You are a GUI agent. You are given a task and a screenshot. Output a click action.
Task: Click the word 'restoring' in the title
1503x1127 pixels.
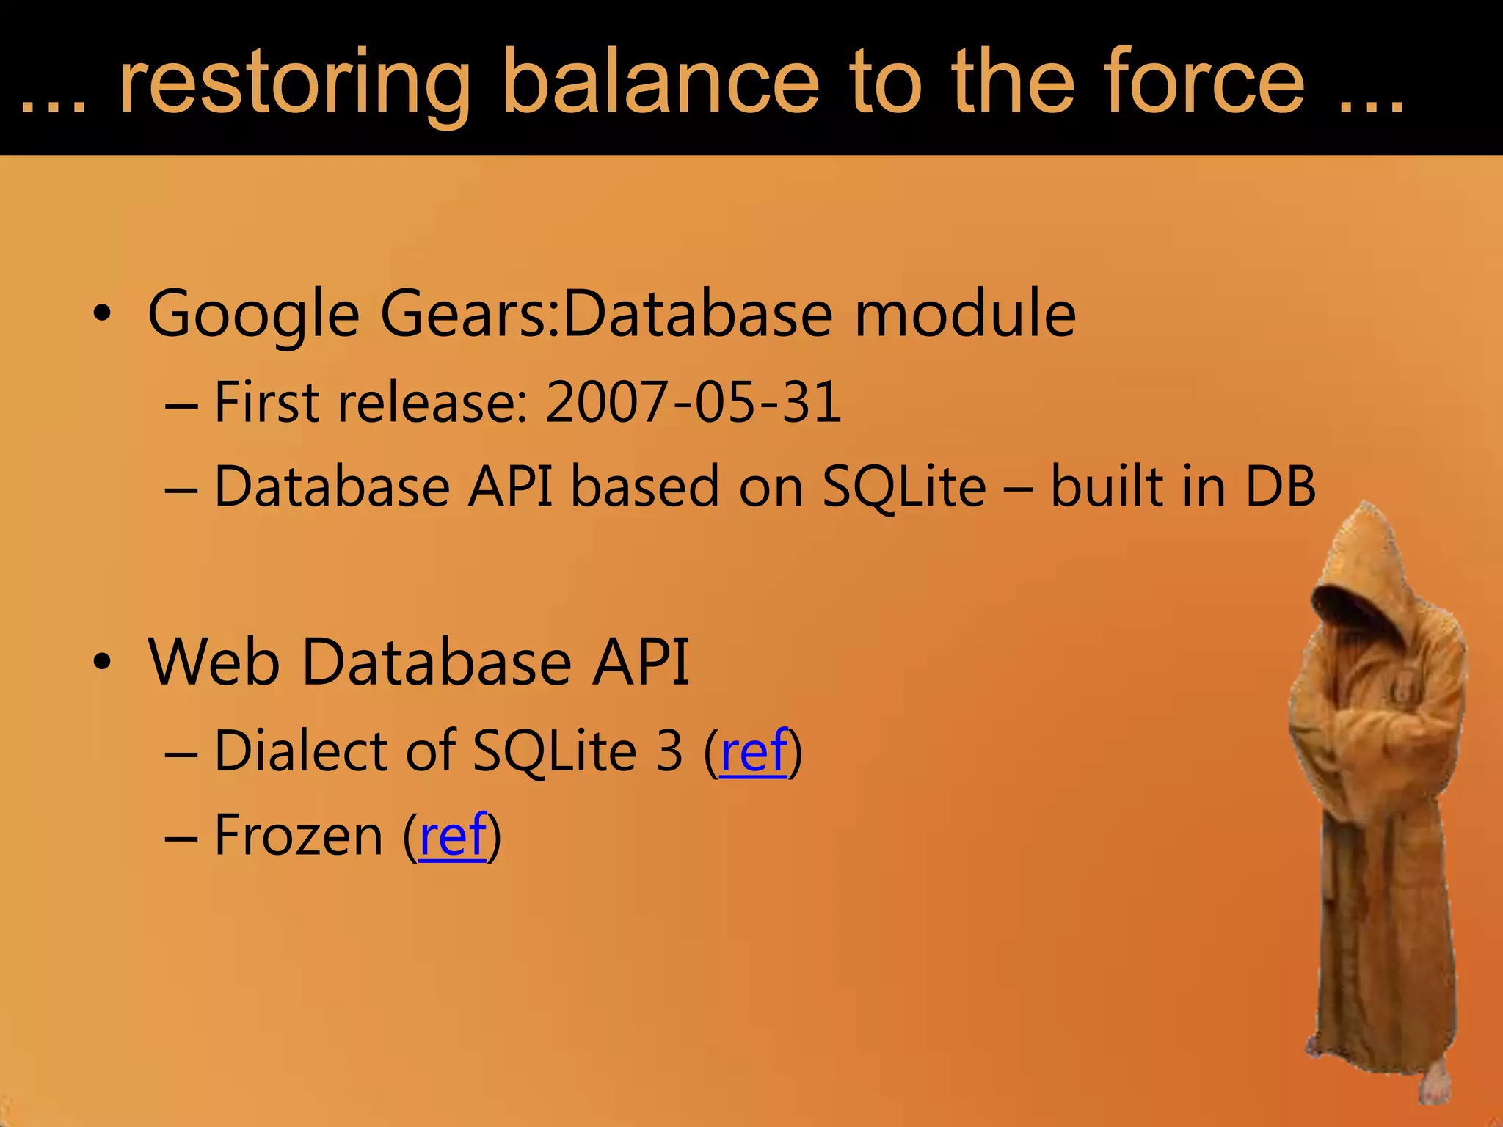pos(294,82)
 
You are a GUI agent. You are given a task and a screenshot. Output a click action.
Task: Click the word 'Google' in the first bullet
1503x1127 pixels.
pos(253,314)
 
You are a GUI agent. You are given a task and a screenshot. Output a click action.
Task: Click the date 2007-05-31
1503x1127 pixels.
pos(693,402)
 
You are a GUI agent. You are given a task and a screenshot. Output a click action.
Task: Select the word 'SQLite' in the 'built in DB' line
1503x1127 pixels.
pos(903,486)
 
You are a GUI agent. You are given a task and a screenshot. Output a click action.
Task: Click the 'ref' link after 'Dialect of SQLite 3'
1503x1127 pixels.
pos(754,751)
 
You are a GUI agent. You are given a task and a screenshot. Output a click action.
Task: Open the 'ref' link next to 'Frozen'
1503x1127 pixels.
pos(452,835)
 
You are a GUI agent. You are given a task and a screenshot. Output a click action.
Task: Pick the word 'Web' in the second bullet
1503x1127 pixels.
pos(214,662)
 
